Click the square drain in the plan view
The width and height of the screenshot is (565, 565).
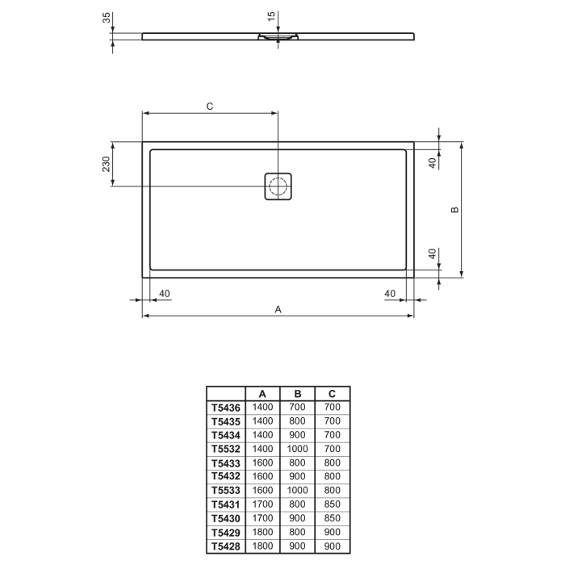278,187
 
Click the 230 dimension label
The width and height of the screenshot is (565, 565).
105,165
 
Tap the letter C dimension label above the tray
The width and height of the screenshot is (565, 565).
209,107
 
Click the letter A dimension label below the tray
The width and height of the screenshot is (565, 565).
278,308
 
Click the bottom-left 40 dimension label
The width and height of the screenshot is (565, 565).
165,293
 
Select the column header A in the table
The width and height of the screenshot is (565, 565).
263,394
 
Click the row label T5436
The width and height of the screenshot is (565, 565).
226,408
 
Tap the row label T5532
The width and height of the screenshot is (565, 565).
226,449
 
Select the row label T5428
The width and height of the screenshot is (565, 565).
226,545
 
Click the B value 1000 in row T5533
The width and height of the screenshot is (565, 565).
297,490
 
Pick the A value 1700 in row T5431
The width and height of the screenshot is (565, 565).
263,504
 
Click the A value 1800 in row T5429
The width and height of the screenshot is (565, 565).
263,531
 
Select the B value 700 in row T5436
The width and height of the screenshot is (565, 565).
297,408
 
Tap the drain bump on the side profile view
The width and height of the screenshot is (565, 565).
278,37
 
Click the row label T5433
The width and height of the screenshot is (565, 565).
226,462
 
